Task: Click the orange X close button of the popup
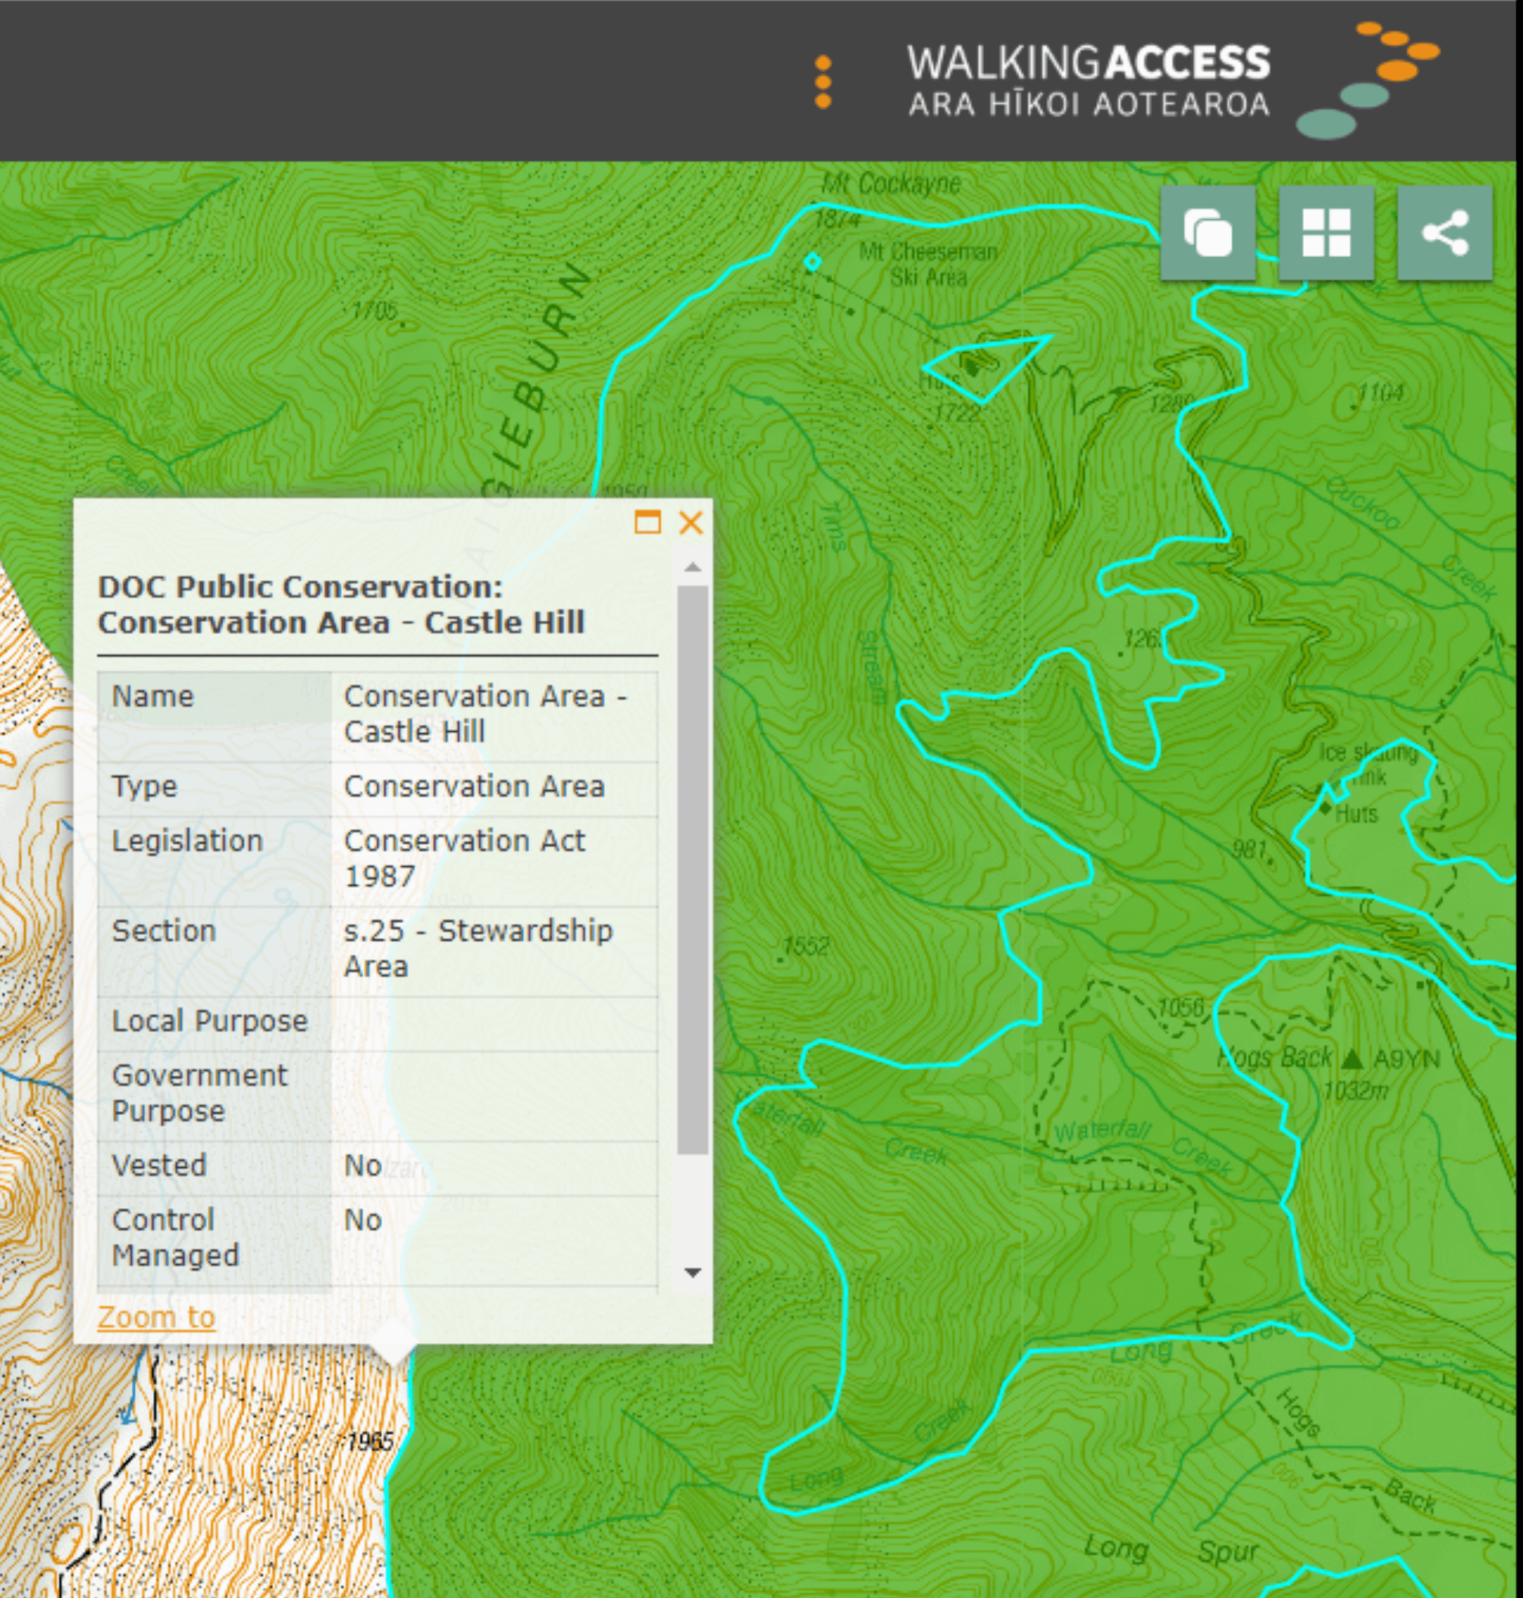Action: (690, 522)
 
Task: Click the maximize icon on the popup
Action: (647, 522)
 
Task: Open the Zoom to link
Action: (156, 1317)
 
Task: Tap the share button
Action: (1444, 233)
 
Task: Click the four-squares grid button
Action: (1326, 233)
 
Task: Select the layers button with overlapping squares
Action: (1207, 233)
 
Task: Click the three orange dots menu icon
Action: (823, 82)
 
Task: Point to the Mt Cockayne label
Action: (891, 184)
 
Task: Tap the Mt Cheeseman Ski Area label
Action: (928, 265)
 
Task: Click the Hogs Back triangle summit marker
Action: (1352, 1059)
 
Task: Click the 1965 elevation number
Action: (370, 1441)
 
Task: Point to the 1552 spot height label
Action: (806, 945)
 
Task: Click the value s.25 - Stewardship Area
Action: (478, 948)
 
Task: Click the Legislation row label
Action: (187, 841)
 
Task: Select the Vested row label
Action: (159, 1166)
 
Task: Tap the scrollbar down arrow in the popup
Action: (692, 1273)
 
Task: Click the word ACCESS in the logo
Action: (1189, 62)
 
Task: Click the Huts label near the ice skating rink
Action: (1355, 814)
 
